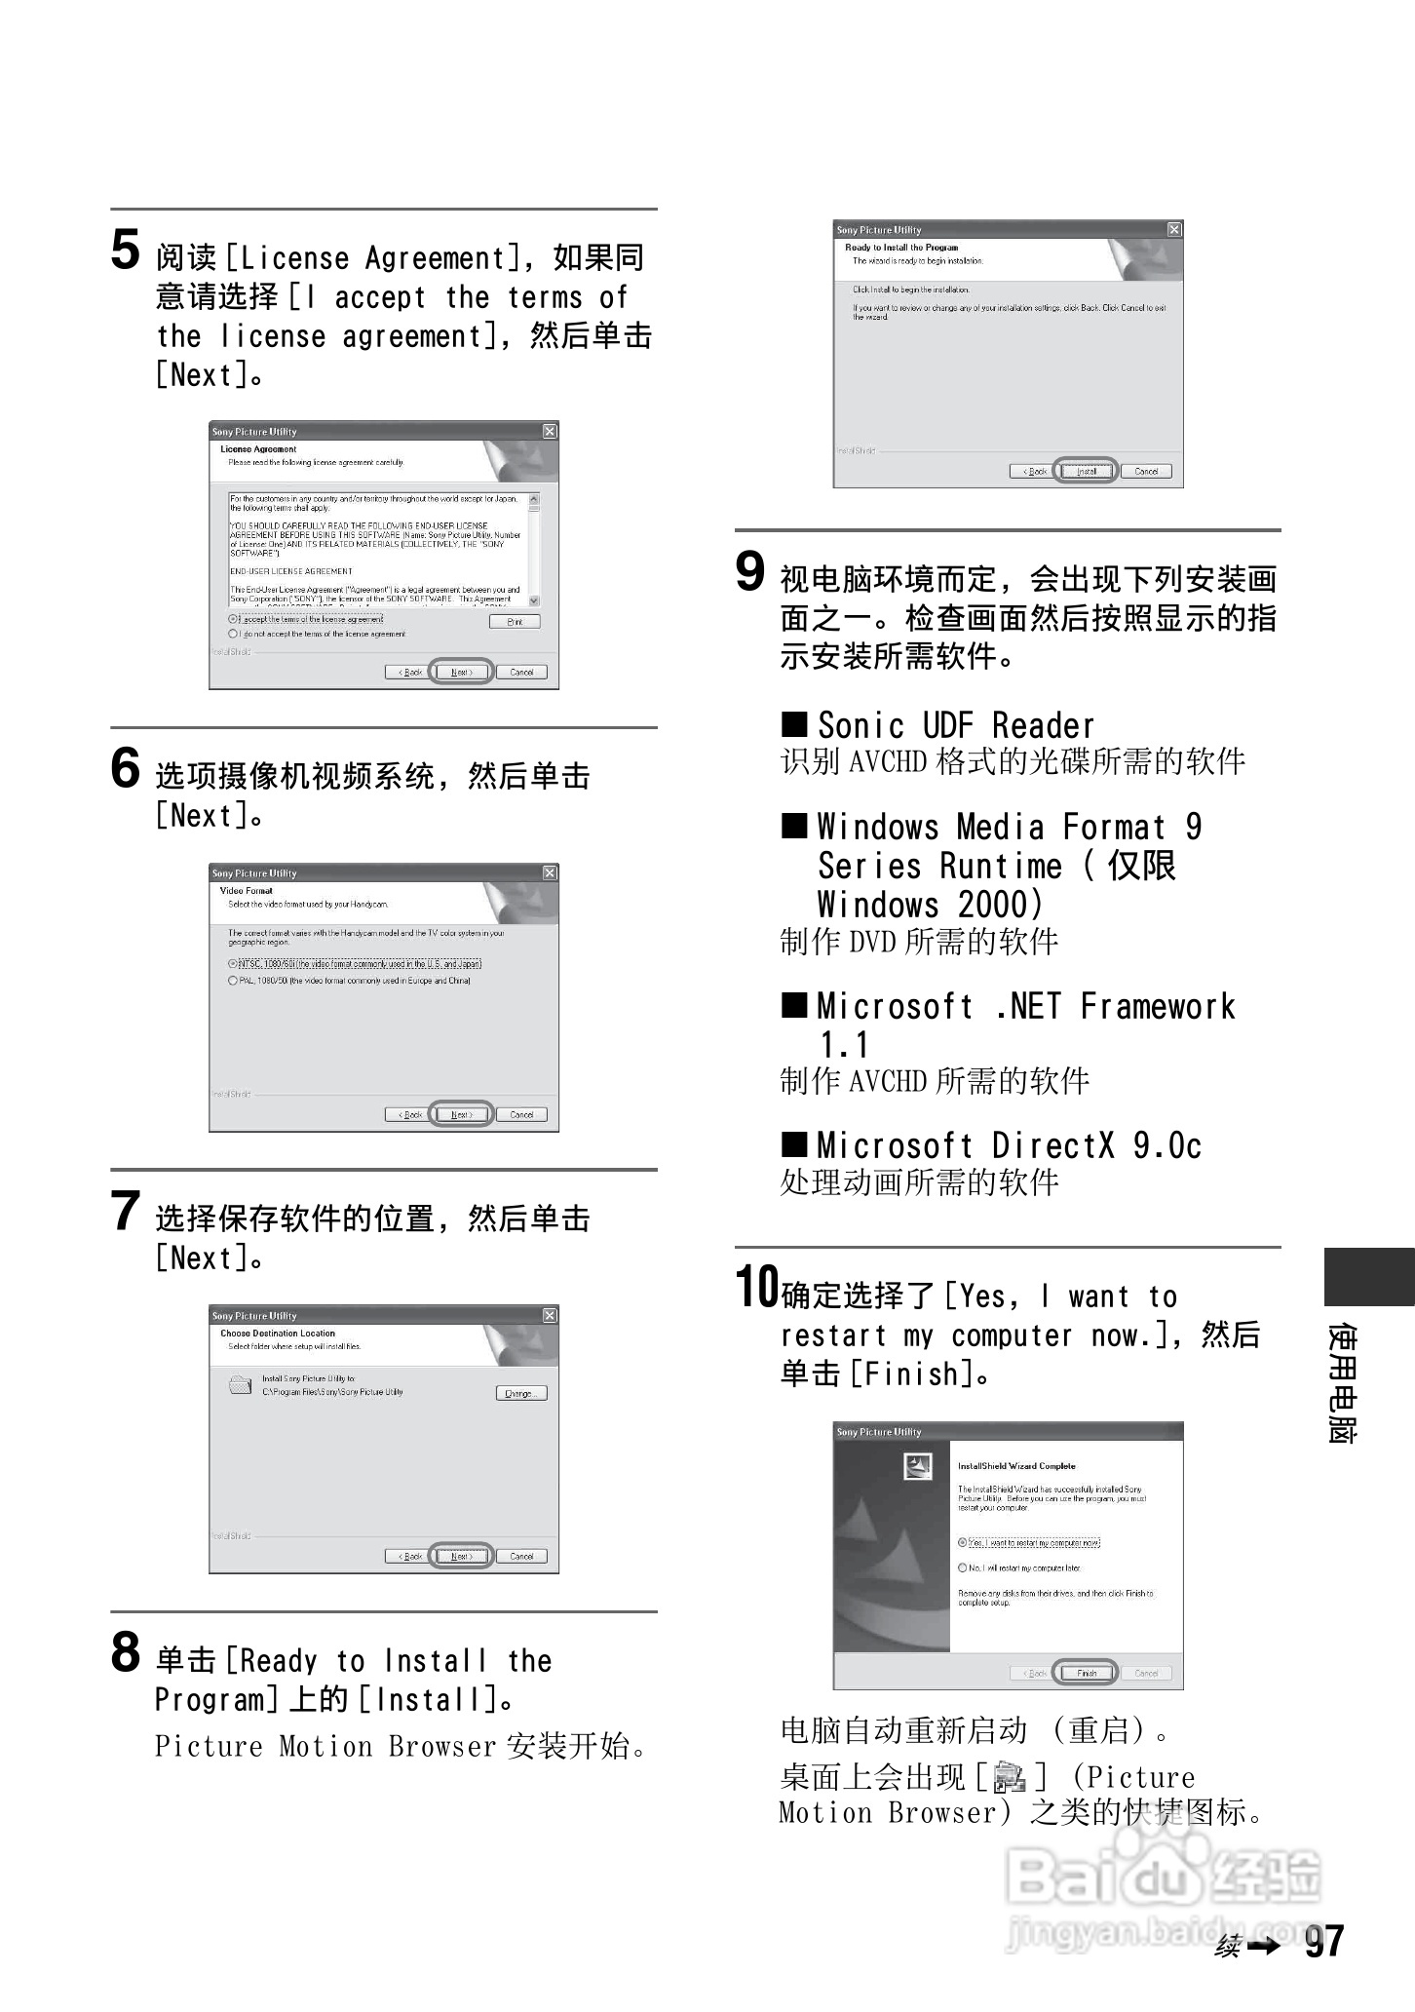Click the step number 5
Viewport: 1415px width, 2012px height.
click(x=125, y=250)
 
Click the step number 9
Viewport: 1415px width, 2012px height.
click(x=749, y=571)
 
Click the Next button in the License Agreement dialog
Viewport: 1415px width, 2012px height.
click(x=462, y=672)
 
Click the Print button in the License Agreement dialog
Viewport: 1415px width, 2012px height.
click(x=515, y=621)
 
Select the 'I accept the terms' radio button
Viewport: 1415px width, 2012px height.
click(x=233, y=619)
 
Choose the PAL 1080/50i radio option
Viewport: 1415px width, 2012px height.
click(x=233, y=981)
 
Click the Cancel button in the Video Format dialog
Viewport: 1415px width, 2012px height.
click(x=521, y=1114)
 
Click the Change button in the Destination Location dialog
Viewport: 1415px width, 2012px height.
click(x=520, y=1393)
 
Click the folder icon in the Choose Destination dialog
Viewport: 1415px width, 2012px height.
click(x=240, y=1384)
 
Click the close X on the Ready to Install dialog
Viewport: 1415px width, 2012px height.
click(x=1174, y=229)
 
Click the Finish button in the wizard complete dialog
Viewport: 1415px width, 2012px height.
click(x=1087, y=1673)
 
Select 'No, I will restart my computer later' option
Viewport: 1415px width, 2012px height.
click(x=963, y=1568)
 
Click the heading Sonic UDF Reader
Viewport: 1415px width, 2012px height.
click(x=955, y=725)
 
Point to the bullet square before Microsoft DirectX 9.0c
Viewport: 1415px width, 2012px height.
click(x=795, y=1143)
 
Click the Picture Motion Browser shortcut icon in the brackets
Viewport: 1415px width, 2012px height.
click(x=1010, y=1779)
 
